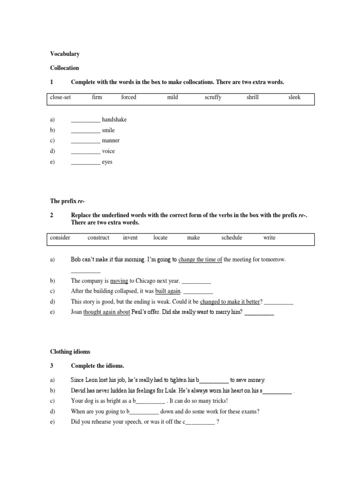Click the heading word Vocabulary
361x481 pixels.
point(65,54)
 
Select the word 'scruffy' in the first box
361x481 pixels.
point(213,97)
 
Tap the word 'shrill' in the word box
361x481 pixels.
point(252,97)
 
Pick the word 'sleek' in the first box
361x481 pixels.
point(294,97)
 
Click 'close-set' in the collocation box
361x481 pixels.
point(60,97)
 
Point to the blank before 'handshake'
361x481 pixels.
point(86,120)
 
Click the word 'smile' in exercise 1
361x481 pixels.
point(108,130)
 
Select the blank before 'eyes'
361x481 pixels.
point(86,163)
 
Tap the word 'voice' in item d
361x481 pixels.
point(108,151)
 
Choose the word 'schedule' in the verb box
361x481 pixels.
point(232,238)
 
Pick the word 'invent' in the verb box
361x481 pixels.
point(130,238)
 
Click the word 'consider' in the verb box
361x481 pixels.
point(60,238)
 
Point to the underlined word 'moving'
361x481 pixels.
point(119,281)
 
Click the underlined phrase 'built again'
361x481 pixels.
point(168,291)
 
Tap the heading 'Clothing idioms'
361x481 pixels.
point(70,351)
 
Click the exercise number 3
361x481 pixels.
point(52,365)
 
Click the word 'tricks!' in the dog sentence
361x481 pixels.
point(219,401)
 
